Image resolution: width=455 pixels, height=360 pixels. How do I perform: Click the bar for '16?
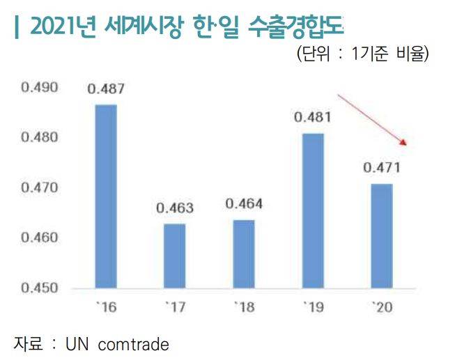click(x=106, y=196)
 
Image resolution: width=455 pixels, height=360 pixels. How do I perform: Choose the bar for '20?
click(x=382, y=235)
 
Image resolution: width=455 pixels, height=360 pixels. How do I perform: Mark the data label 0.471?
click(x=382, y=168)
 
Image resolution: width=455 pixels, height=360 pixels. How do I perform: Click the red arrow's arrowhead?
click(x=403, y=143)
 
